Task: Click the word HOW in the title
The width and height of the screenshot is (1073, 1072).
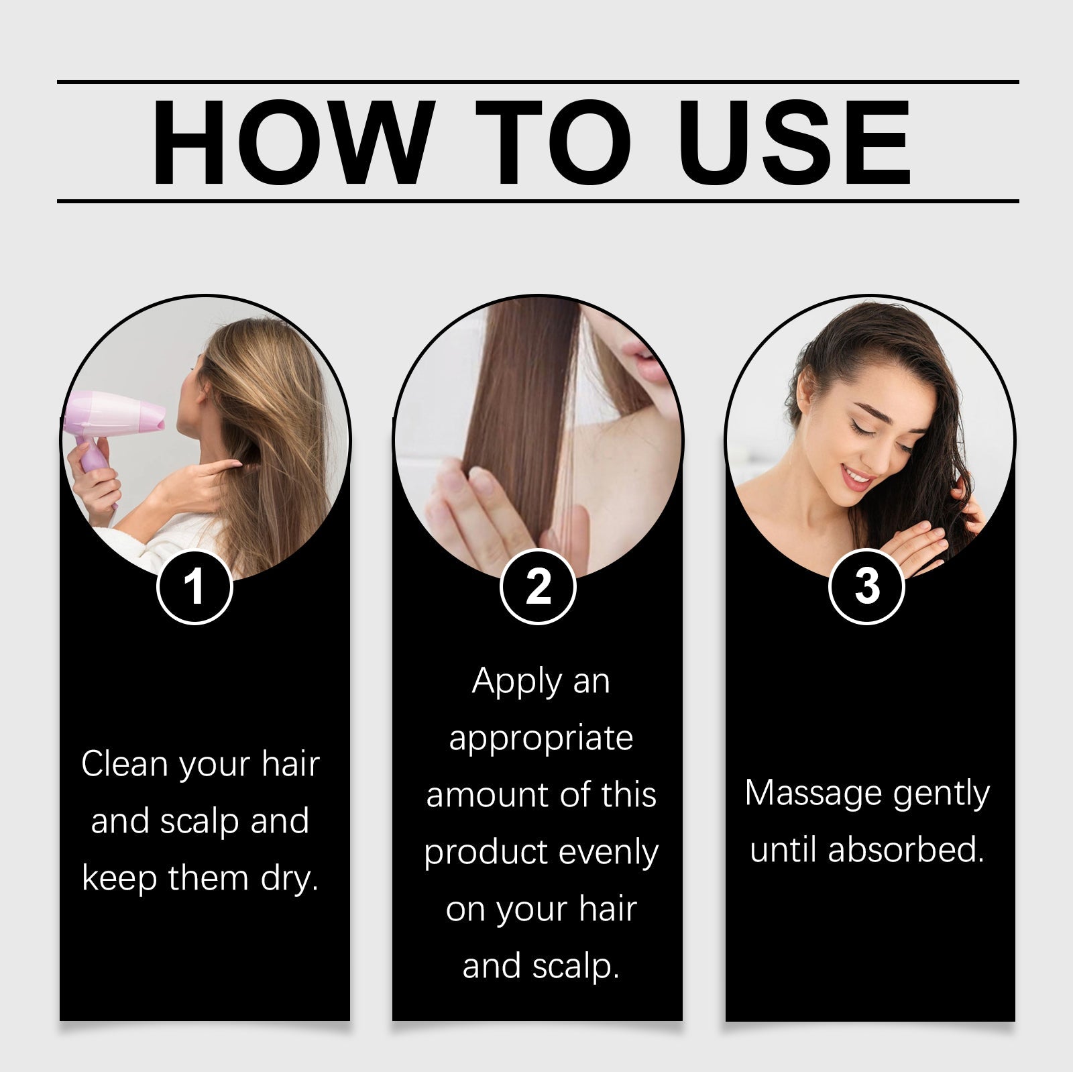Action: (289, 144)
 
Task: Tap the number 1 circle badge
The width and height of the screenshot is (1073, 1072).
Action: (194, 587)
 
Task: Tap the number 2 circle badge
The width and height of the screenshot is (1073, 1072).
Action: (539, 587)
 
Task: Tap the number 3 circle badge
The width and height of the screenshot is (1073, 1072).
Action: (867, 586)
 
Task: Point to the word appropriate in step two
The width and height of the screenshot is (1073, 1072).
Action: (541, 738)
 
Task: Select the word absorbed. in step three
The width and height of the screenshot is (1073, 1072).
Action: (906, 851)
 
